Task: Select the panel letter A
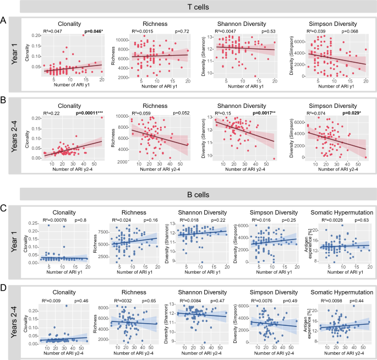tap(4, 20)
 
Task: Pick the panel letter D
tap(4, 287)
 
